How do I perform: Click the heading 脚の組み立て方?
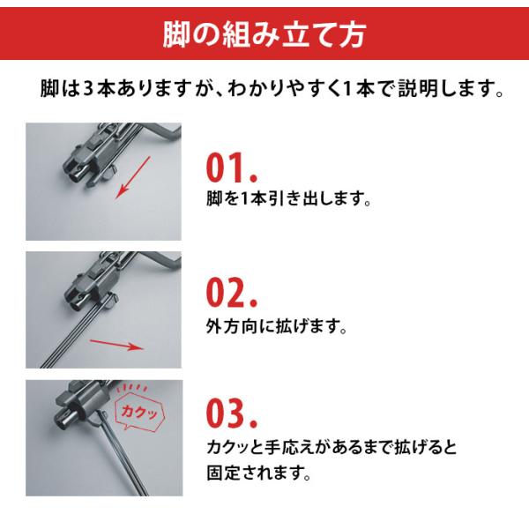[264, 35]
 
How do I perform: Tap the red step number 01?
[232, 168]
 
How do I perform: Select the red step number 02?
[232, 292]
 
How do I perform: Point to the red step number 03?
[232, 413]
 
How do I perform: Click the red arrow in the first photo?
[132, 177]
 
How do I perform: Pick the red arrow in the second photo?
[117, 346]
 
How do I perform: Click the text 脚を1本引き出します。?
[289, 198]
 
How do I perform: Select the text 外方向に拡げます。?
[277, 326]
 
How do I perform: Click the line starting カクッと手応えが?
[332, 447]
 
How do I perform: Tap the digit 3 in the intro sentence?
[87, 89]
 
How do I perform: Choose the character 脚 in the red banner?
[175, 35]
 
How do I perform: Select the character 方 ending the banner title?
[353, 35]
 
